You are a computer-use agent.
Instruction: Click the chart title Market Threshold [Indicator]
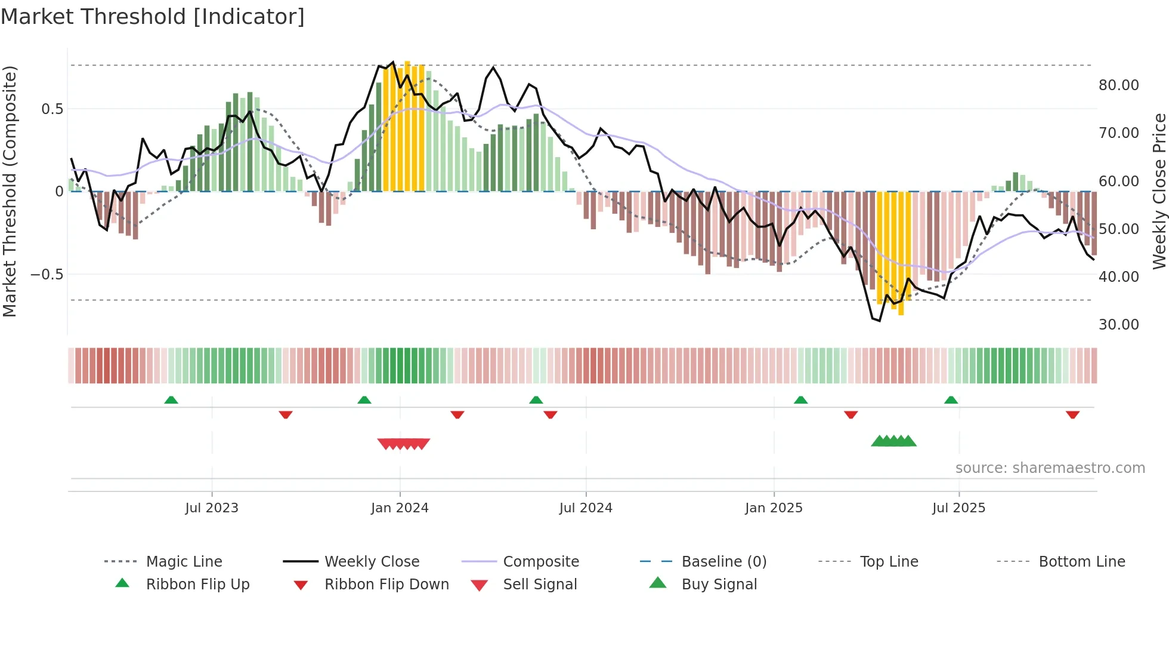pos(153,17)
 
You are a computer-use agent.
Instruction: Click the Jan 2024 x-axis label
pos(400,508)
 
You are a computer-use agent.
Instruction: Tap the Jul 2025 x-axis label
pos(958,508)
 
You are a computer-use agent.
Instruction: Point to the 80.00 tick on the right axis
pos(1118,85)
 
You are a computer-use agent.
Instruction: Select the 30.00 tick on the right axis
pos(1118,324)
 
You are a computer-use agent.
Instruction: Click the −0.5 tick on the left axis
pos(47,274)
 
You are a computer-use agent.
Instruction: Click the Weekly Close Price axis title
pos(1158,191)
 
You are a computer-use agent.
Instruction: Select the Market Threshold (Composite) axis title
pos(10,191)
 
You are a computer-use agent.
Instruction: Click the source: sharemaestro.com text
pos(1050,468)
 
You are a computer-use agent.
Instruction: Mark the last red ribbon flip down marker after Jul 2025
pos(1072,414)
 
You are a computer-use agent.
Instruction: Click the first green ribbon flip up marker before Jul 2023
pos(171,399)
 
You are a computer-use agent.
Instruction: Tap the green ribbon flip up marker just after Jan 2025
pos(800,399)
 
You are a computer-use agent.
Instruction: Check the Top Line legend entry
pos(889,561)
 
